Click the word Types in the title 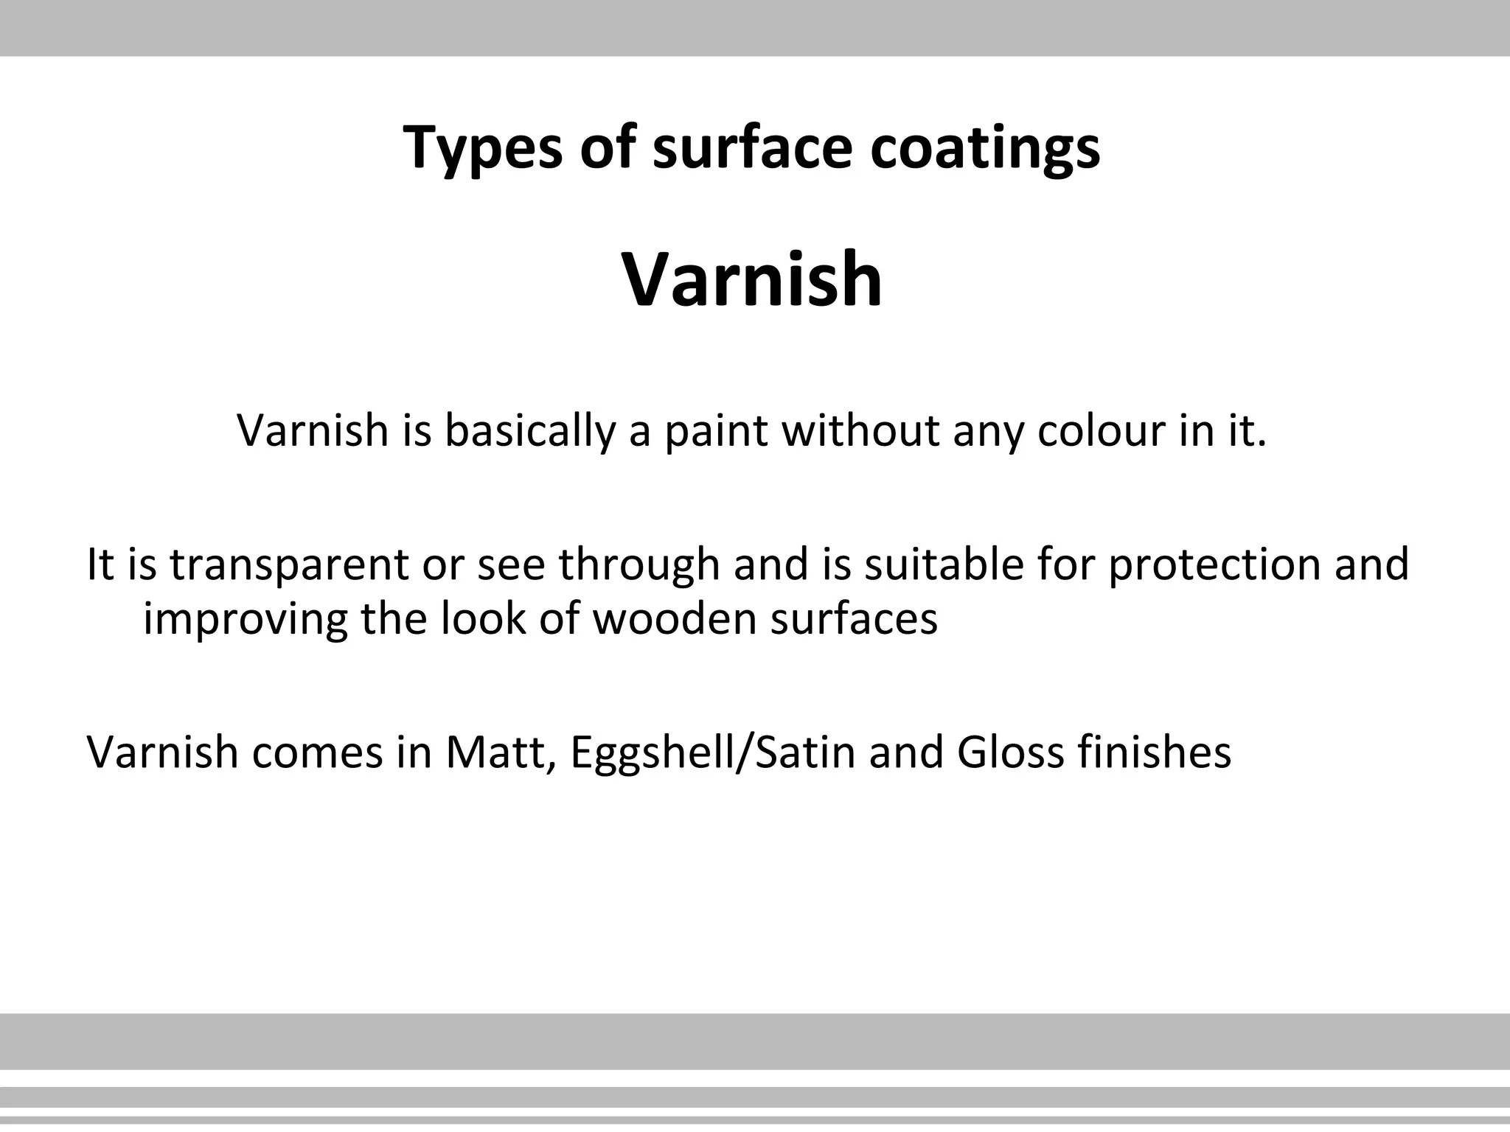[x=481, y=148]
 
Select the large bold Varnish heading [x=752, y=279]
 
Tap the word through [x=639, y=565]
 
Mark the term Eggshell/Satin [x=712, y=753]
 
